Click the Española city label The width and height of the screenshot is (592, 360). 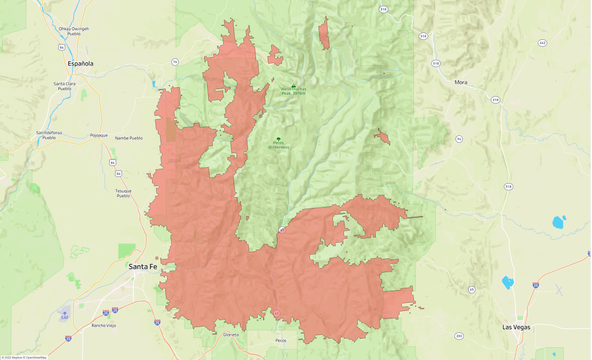click(x=80, y=64)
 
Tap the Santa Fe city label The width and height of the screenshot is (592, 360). click(x=142, y=266)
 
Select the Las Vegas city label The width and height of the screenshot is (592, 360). click(x=516, y=327)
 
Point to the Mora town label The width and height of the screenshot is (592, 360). click(x=461, y=83)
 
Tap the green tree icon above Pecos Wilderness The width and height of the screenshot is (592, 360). click(x=279, y=139)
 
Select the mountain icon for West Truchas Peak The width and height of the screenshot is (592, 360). click(x=293, y=86)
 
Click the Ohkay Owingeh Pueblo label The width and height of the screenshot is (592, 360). click(x=73, y=31)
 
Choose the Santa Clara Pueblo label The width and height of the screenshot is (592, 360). click(x=64, y=86)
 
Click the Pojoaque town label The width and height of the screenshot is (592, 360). click(x=99, y=135)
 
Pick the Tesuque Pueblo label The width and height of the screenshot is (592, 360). click(x=124, y=193)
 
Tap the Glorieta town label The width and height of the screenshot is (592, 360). click(x=230, y=335)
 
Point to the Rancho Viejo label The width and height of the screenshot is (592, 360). click(x=104, y=325)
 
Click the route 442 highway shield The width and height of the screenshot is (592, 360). click(x=542, y=43)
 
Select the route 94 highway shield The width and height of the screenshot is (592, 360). click(x=458, y=139)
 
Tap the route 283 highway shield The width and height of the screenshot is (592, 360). click(x=459, y=335)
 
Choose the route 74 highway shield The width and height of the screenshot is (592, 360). click(x=175, y=62)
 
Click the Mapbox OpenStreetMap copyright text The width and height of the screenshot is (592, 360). click(x=24, y=357)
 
